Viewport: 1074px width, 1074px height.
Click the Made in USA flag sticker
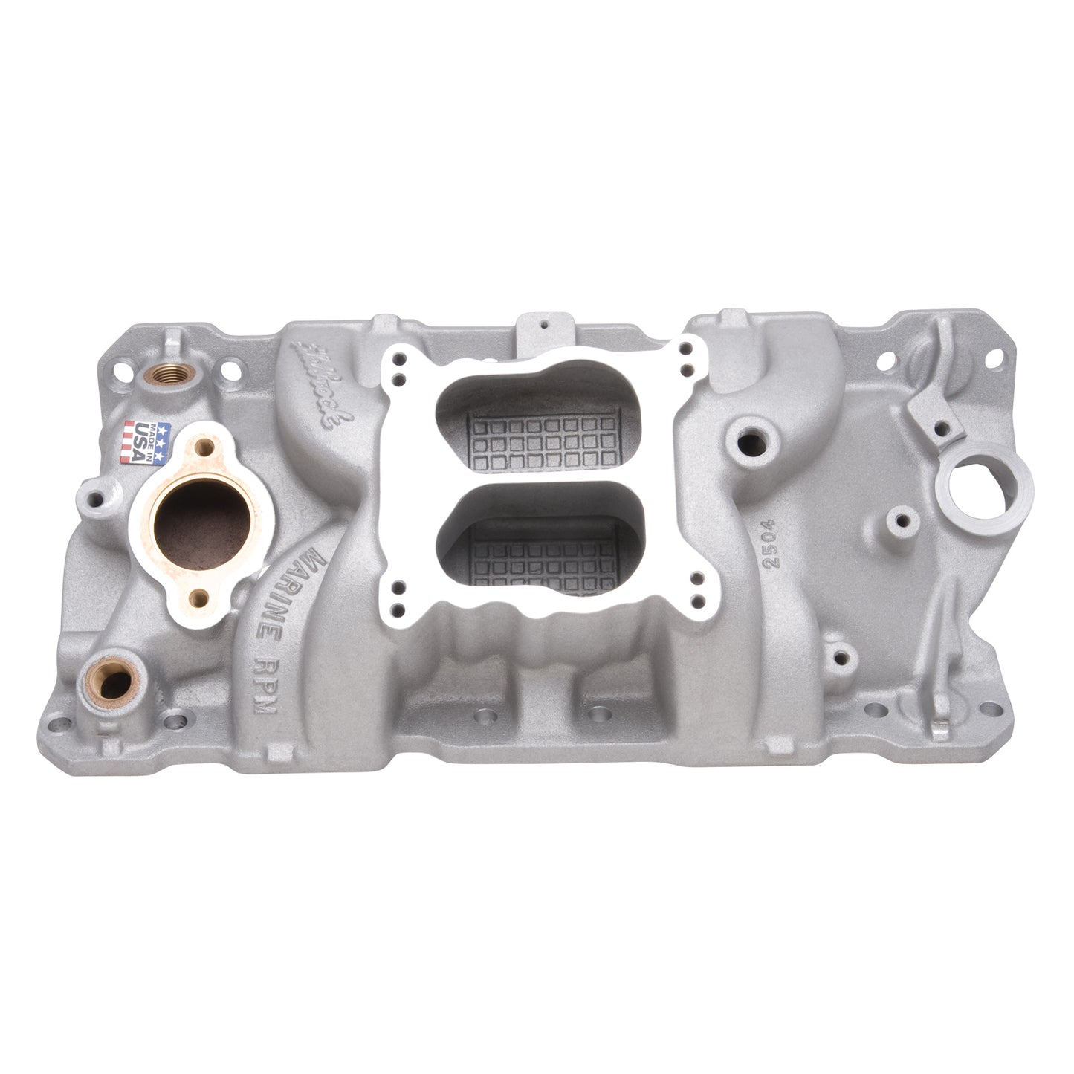click(x=146, y=444)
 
